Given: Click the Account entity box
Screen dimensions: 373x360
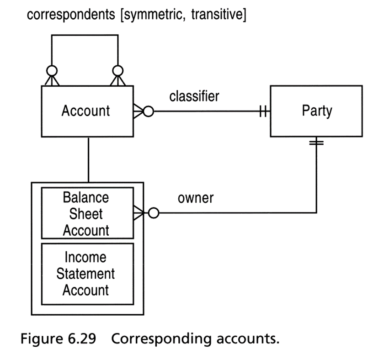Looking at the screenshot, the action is coord(87,111).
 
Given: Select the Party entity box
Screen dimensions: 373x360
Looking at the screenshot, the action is coord(316,111).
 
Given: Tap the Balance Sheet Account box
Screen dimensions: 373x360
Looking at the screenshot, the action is coord(87,213).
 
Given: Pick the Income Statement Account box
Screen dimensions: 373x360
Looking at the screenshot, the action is coord(87,274).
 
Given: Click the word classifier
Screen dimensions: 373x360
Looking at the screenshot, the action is coord(194,96).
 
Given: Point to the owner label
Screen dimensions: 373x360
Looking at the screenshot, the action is coord(196,198).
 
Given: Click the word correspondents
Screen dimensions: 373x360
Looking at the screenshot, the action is coord(71,15).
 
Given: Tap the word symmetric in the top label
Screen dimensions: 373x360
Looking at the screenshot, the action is coord(154,15).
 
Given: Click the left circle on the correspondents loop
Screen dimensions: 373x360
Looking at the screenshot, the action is coord(52,71).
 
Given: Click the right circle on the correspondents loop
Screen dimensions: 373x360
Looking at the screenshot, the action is coord(118,71).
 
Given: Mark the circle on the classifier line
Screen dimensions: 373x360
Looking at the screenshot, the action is coord(149,111).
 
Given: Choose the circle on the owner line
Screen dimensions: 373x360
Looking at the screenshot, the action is coord(154,213).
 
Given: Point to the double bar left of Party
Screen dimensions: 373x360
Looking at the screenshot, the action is coord(263,111).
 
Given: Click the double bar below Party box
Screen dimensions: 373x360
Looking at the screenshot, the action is coord(316,143).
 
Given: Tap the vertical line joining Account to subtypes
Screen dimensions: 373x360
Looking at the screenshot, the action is coord(89,160).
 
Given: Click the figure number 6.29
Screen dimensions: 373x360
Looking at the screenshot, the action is coord(82,339).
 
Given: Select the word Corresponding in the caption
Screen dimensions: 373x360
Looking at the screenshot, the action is coord(161,339).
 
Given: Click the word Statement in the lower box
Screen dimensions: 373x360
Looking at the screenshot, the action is coord(85,274).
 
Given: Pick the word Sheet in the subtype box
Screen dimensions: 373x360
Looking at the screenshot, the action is coord(86,213).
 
